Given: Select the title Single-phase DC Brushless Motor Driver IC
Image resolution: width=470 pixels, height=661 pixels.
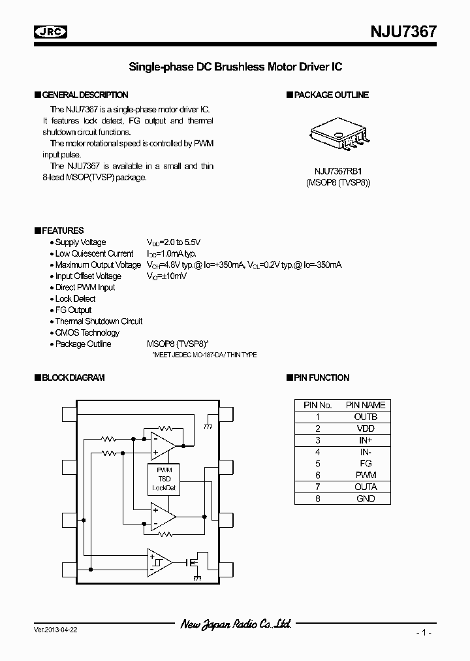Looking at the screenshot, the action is (235, 67).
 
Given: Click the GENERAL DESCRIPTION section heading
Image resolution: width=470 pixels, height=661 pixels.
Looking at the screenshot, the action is (85, 95).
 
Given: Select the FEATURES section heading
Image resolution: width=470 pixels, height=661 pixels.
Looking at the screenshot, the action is (63, 231).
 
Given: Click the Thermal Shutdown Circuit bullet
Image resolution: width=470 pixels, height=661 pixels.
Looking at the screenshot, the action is (99, 321).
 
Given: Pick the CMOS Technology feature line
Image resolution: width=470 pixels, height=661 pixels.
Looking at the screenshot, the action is (87, 332).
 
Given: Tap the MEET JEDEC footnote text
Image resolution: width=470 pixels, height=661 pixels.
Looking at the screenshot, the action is (204, 355).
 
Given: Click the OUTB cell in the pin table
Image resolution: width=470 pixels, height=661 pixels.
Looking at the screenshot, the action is (366, 417).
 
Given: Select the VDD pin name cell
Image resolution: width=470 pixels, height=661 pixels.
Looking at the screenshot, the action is (366, 428).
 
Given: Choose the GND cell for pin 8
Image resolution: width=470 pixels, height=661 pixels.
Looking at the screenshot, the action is (366, 498).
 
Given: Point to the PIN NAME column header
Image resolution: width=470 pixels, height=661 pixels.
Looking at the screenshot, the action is (366, 405).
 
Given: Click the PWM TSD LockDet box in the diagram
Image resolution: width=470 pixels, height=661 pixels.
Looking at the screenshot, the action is (164, 479).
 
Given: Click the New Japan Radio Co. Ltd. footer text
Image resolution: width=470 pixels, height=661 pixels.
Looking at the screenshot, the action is (235, 624).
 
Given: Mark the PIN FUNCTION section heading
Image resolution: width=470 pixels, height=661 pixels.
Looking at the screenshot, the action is (321, 378).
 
